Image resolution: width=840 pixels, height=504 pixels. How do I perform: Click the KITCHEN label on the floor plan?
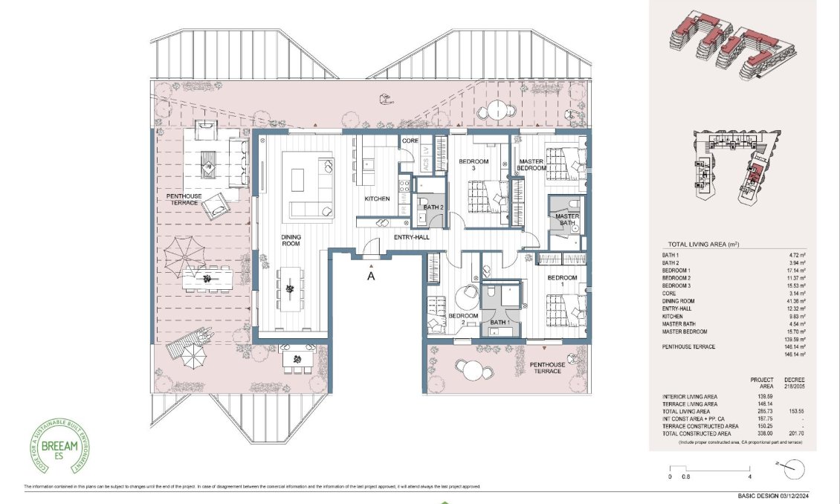coord(377,199)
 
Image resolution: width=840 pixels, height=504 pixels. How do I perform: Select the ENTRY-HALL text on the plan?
coord(392,238)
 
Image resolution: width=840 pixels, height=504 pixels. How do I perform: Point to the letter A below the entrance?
coord(371,276)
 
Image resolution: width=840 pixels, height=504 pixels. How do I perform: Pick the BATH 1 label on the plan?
coord(500,322)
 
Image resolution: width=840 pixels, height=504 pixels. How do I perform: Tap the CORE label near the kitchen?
coord(410,140)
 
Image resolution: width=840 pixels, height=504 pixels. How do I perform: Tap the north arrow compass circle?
coord(794,470)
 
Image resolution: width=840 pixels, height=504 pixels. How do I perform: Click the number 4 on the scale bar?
coord(752,476)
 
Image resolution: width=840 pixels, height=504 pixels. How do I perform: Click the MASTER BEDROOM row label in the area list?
coord(684,332)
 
